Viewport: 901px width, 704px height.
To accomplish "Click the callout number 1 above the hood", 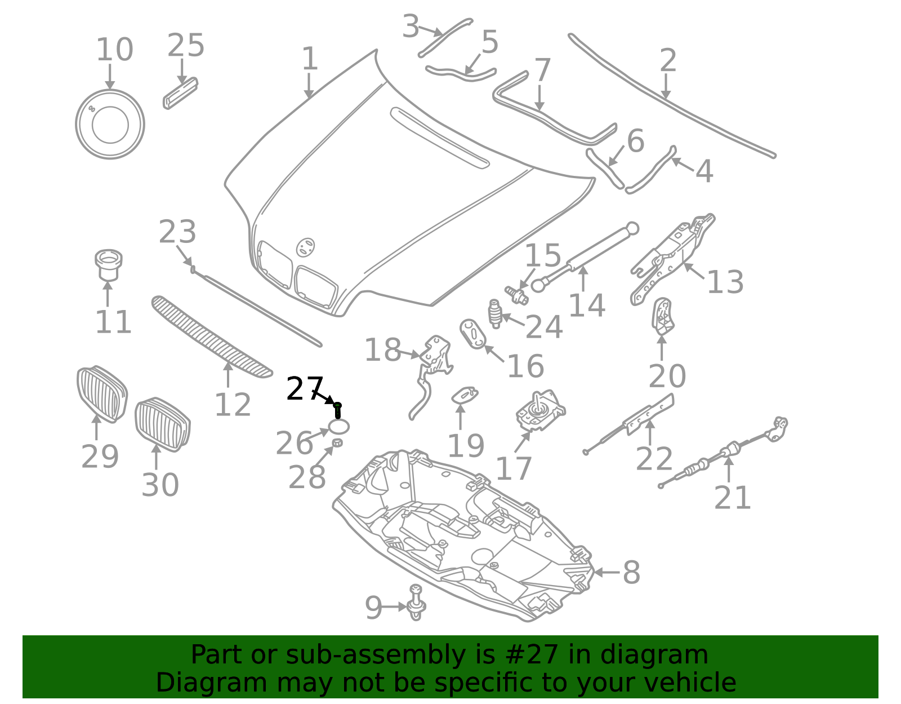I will (x=310, y=59).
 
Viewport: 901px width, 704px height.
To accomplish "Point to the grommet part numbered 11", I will (x=108, y=265).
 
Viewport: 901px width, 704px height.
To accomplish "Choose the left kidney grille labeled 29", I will (x=101, y=394).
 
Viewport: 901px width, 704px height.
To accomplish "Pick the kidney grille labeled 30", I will (x=162, y=424).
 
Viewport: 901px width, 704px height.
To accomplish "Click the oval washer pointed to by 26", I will (x=339, y=427).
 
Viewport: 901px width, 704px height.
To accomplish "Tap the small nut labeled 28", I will (x=337, y=443).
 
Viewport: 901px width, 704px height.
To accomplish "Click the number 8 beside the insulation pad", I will (x=631, y=573).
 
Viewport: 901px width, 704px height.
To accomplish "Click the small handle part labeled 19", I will (x=465, y=394).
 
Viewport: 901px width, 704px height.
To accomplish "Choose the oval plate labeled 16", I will (x=473, y=334).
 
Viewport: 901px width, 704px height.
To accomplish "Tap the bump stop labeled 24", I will (x=494, y=313).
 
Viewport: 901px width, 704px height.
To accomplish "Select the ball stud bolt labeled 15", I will (x=516, y=294).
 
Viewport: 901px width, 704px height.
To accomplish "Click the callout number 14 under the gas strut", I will (x=586, y=305).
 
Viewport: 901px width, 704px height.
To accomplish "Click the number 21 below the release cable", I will (x=732, y=498).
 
